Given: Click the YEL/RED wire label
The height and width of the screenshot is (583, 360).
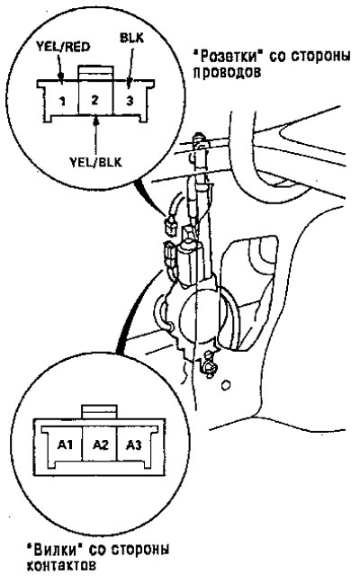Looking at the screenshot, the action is [x=63, y=47].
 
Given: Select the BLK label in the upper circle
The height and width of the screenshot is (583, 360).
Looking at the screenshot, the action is [x=131, y=38].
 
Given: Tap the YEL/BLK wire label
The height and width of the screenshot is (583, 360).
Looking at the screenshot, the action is [x=96, y=162].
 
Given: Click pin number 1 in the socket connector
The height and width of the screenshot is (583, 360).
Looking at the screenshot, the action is [x=62, y=101].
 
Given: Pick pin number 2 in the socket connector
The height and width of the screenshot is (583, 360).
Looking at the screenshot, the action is [x=94, y=100].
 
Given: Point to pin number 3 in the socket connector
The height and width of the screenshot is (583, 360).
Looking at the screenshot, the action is [x=130, y=100].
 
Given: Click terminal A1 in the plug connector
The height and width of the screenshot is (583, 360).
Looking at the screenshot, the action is [x=65, y=444].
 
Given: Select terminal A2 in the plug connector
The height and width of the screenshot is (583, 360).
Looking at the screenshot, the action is [x=100, y=444].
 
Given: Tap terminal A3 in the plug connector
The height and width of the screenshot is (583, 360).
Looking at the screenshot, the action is [x=133, y=444].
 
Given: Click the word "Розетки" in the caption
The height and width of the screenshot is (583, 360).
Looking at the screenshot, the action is [x=225, y=56].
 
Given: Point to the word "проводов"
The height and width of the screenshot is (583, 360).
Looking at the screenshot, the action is [x=227, y=73].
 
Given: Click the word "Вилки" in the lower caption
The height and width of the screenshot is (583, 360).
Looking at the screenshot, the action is [x=55, y=549].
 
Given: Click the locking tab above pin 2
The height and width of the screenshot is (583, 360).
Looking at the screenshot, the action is [x=95, y=73].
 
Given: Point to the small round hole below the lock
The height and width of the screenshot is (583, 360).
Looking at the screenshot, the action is [x=225, y=385].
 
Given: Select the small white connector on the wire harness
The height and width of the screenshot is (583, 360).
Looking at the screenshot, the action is [x=170, y=225].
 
